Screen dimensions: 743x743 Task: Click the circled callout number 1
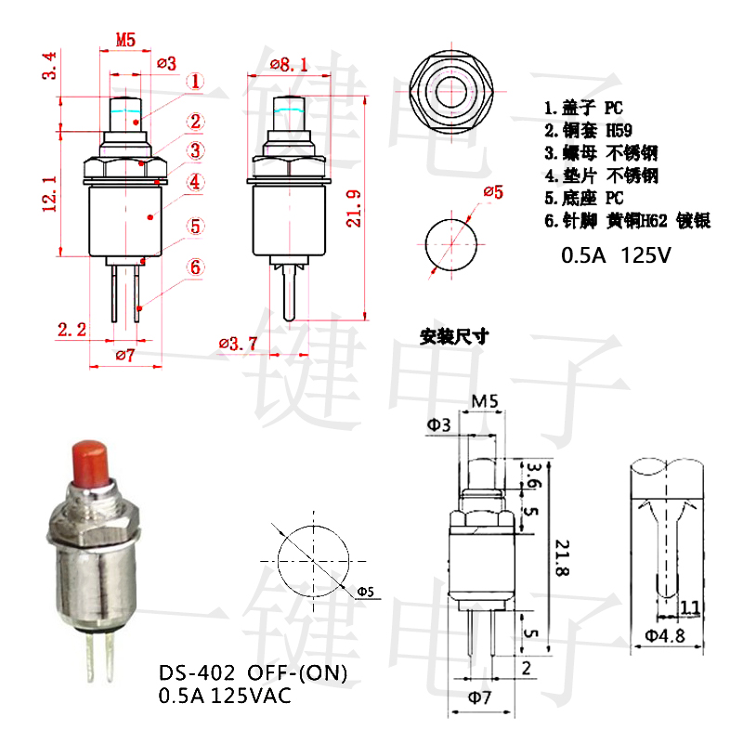click(x=195, y=82)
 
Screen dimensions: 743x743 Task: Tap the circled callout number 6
click(x=195, y=267)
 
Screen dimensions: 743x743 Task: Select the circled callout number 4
click(x=195, y=182)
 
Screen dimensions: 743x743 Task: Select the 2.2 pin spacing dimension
click(x=72, y=329)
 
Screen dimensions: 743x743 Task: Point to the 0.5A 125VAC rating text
click(x=225, y=695)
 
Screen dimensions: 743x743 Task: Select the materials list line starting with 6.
click(x=627, y=220)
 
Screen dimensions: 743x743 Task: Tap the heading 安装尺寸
click(x=454, y=336)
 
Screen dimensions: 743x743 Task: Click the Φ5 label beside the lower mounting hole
click(x=364, y=591)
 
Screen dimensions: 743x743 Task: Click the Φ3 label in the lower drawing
click(x=439, y=424)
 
